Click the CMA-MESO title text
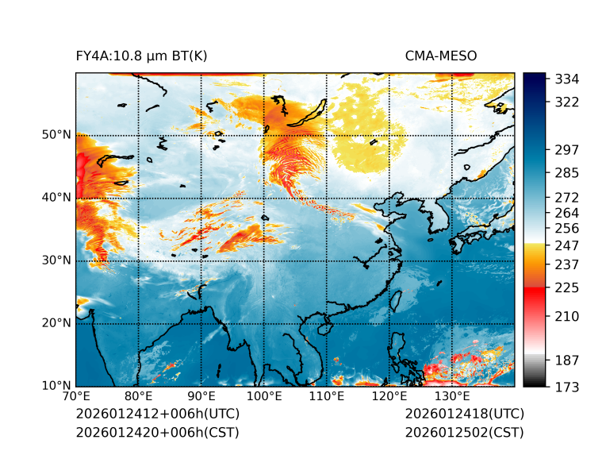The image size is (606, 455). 441,56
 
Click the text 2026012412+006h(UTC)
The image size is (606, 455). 157,414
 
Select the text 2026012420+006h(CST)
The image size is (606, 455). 157,432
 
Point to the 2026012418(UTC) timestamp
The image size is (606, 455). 465,414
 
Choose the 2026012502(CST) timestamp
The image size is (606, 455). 465,432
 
